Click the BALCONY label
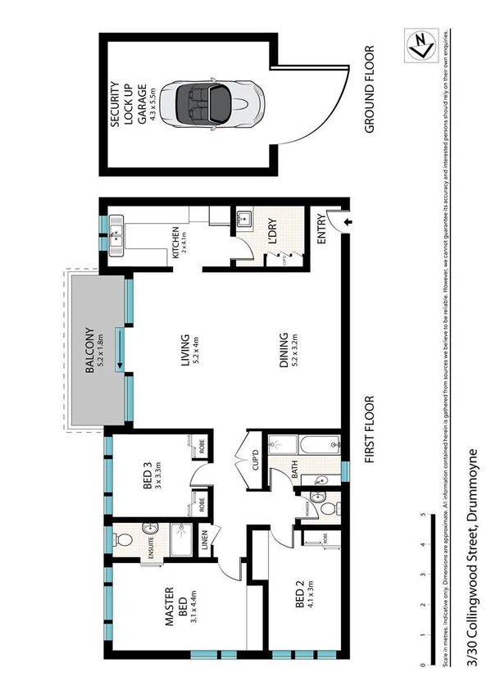95,349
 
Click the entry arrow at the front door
347,222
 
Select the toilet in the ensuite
120,538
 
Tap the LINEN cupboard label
205,542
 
